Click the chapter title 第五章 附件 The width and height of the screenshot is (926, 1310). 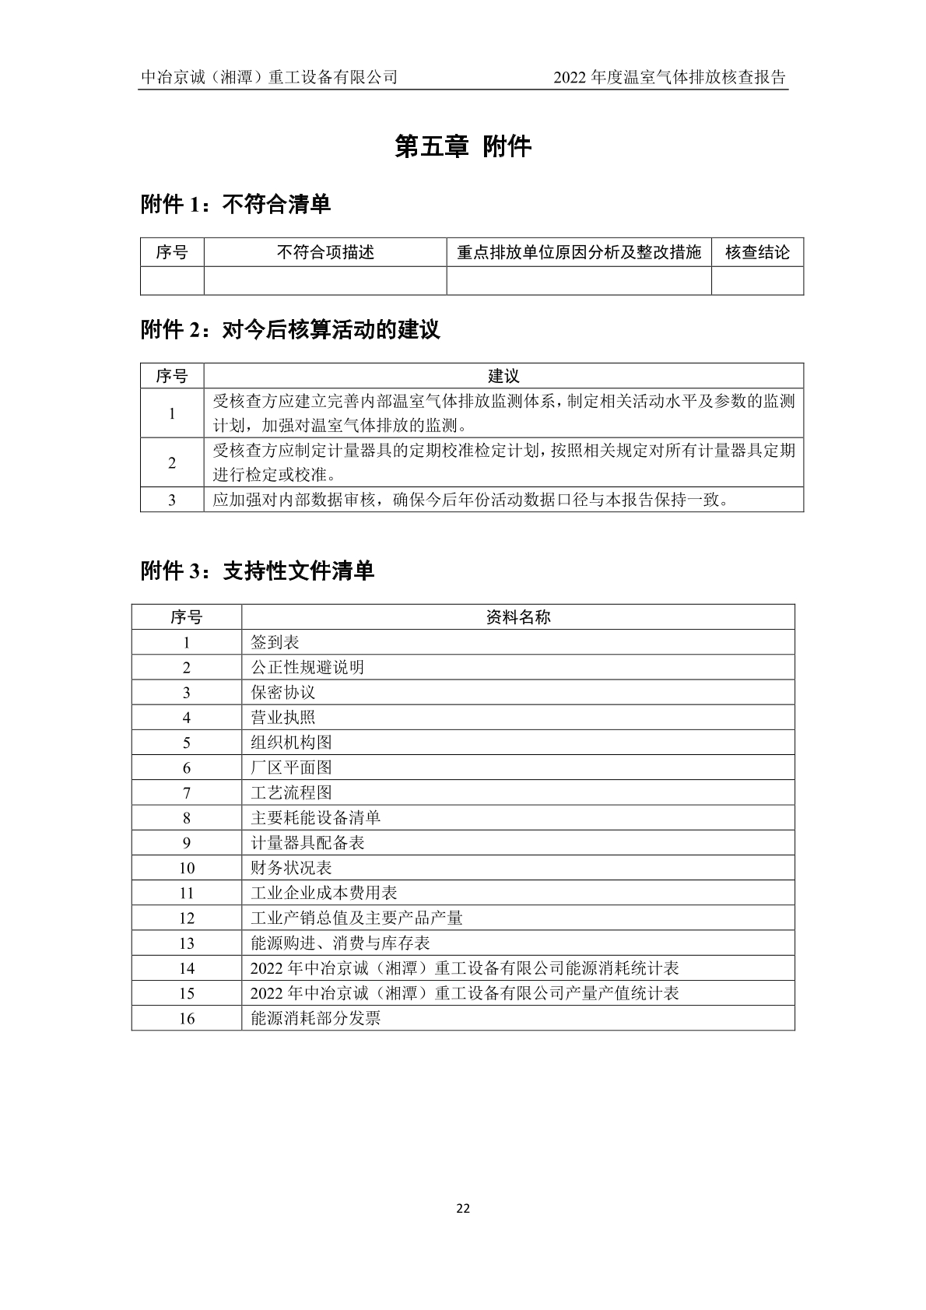click(x=463, y=146)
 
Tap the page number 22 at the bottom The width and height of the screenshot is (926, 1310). click(x=463, y=1209)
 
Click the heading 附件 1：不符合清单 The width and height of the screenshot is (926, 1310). click(x=236, y=205)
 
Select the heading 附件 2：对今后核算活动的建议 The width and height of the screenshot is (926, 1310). click(x=290, y=330)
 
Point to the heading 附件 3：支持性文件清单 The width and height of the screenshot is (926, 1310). click(x=258, y=571)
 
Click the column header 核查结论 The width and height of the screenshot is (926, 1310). click(x=757, y=252)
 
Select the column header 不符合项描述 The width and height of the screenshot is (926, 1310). click(x=325, y=252)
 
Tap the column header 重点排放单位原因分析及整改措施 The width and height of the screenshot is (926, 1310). click(x=579, y=252)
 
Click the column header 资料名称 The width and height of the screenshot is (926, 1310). click(x=518, y=617)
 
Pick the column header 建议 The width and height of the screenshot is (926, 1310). click(x=503, y=376)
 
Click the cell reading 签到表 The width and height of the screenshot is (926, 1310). click(x=275, y=642)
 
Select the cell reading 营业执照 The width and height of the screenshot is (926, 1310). click(x=283, y=718)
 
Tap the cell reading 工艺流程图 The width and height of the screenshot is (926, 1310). click(x=291, y=792)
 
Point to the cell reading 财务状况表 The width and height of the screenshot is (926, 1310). click(x=291, y=868)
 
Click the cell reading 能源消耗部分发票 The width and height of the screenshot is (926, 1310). click(x=315, y=1018)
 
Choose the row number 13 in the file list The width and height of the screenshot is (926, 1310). click(x=187, y=943)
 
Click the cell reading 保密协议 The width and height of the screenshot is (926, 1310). click(x=283, y=693)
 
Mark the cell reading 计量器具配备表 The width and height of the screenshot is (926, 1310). click(x=307, y=843)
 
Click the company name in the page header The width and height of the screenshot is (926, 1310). click(x=269, y=77)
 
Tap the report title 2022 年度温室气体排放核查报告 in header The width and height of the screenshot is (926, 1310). click(x=669, y=77)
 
